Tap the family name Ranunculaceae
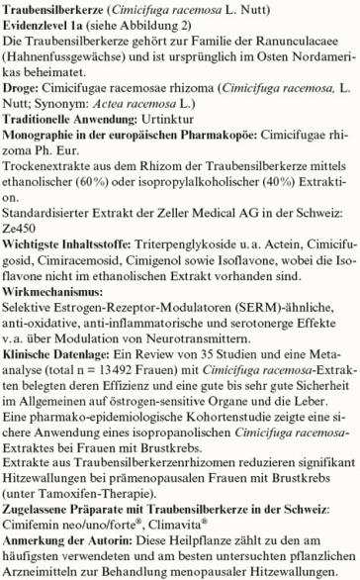[291, 46]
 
